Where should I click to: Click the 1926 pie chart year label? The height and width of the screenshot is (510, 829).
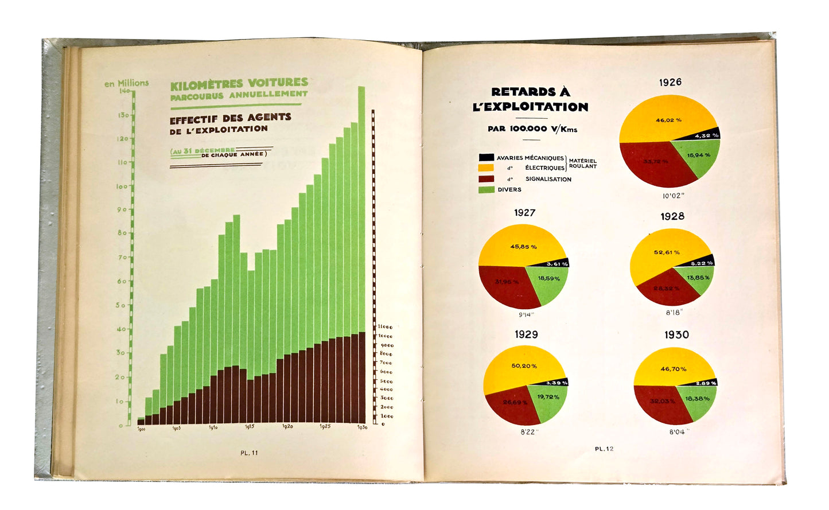[670, 82]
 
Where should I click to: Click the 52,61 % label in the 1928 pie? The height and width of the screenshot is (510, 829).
[667, 252]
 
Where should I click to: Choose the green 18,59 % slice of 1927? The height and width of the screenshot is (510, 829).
[548, 279]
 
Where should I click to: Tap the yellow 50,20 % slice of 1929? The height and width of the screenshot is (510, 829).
[524, 365]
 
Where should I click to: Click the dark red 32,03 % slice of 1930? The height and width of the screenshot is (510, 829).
[662, 401]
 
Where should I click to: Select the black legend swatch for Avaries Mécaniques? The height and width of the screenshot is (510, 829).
[486, 157]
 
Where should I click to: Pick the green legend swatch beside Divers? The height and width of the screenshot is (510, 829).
[486, 189]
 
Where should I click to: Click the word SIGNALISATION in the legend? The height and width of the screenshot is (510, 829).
[548, 179]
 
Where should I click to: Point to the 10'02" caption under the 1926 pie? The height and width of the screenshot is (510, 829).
[674, 196]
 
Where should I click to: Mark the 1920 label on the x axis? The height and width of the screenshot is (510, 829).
[287, 427]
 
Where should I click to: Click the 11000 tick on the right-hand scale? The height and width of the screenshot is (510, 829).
[385, 327]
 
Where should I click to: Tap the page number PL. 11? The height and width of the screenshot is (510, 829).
[249, 453]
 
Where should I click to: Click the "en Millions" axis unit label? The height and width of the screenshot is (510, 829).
[126, 83]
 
